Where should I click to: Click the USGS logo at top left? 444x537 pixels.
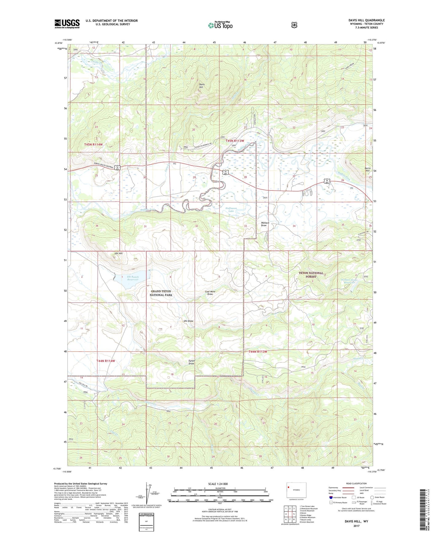(x=67, y=24)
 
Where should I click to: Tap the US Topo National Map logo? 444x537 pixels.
(x=220, y=25)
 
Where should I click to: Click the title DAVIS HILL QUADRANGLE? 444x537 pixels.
(x=366, y=20)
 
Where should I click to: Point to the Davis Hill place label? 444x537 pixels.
(x=201, y=86)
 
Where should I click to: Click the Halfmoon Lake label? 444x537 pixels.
(x=231, y=210)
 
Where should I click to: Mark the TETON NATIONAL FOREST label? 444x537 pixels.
(x=311, y=275)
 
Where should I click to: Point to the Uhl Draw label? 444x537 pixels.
(x=188, y=321)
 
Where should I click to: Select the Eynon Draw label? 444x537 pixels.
(x=191, y=362)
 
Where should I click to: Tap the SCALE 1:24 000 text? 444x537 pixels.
(x=218, y=484)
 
